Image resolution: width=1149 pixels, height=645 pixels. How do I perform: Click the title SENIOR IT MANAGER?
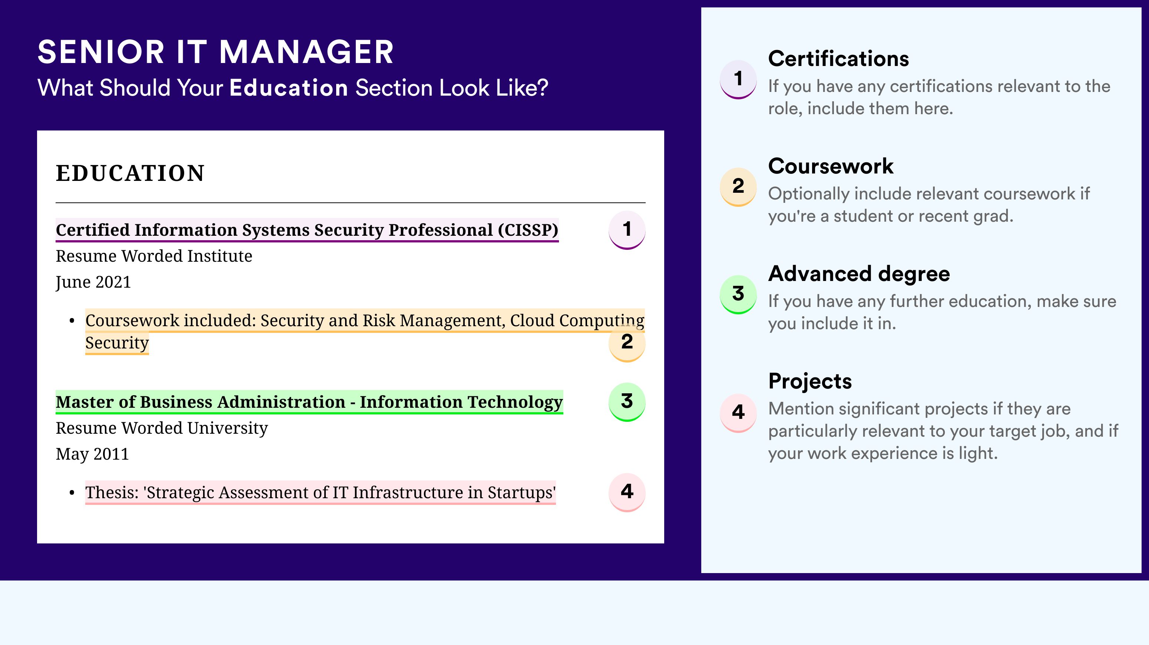click(215, 52)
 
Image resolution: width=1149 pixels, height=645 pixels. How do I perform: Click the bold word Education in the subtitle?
click(289, 87)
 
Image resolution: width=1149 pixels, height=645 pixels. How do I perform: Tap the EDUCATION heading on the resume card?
click(130, 173)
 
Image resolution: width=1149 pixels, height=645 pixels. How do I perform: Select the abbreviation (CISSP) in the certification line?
click(528, 230)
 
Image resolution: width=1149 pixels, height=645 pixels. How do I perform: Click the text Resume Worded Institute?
click(154, 256)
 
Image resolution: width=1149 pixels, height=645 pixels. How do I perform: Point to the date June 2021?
click(93, 282)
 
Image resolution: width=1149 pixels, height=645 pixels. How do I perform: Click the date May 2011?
click(92, 454)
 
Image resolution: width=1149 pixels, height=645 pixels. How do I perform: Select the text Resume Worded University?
click(162, 428)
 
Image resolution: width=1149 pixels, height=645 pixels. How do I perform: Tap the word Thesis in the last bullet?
click(112, 492)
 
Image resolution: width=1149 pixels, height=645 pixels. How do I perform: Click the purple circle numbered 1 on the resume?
click(627, 230)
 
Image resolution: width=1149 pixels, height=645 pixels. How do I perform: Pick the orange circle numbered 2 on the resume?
click(627, 342)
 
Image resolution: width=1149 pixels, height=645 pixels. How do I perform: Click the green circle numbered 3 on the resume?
click(627, 402)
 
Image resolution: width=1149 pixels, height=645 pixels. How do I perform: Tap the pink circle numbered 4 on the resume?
click(627, 492)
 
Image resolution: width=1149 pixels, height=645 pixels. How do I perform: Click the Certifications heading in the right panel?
click(838, 59)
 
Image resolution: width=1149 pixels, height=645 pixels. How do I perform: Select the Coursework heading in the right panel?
click(831, 166)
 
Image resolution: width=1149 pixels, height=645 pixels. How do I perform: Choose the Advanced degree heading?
click(859, 274)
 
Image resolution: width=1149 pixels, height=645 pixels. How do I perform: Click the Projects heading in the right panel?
click(810, 381)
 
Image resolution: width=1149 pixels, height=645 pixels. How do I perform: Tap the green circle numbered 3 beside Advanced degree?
click(738, 294)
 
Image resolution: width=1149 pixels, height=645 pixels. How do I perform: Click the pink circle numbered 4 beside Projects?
click(738, 413)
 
